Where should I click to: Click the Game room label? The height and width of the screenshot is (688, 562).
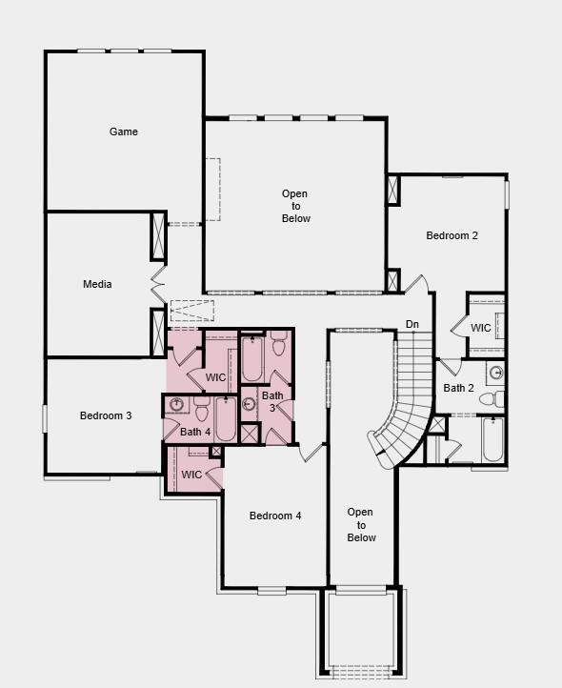coord(124,132)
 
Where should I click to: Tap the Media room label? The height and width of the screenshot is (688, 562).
coord(97,284)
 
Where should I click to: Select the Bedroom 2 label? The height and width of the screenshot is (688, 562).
coord(452,235)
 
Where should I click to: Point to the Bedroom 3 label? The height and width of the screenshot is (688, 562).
coord(105,415)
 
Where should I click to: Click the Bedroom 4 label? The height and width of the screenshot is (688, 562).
coord(275,516)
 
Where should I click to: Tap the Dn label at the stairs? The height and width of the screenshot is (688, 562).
coord(412,325)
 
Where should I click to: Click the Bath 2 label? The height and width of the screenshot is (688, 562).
coord(458,388)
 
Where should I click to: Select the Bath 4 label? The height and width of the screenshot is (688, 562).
coord(195,432)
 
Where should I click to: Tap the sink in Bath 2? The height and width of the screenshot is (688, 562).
coord(495,373)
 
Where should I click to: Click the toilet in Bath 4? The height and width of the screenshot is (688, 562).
coord(201,410)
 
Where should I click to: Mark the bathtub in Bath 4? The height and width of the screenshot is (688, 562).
coord(225,419)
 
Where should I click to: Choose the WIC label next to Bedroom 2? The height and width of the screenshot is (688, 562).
coord(481,328)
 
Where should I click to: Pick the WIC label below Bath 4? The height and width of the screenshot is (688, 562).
coord(191,475)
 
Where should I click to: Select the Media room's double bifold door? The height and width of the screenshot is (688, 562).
coord(157,284)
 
